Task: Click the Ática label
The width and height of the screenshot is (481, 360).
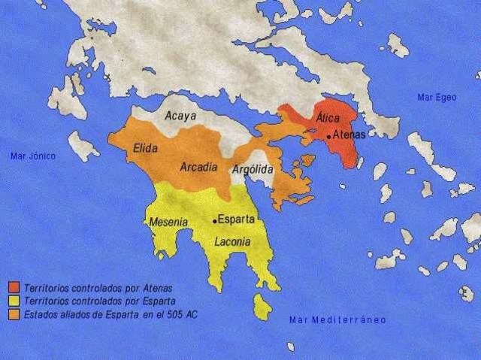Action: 327,118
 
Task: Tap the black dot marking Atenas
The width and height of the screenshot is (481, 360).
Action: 328,136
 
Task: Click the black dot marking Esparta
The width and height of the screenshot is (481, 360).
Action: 215,221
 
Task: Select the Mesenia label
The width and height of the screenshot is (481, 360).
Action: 168,222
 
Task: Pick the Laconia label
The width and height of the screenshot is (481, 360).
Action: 227,242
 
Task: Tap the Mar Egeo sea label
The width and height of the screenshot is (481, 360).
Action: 436,97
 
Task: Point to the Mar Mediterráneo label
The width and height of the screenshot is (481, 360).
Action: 337,320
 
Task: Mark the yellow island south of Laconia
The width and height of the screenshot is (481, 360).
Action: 262,306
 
